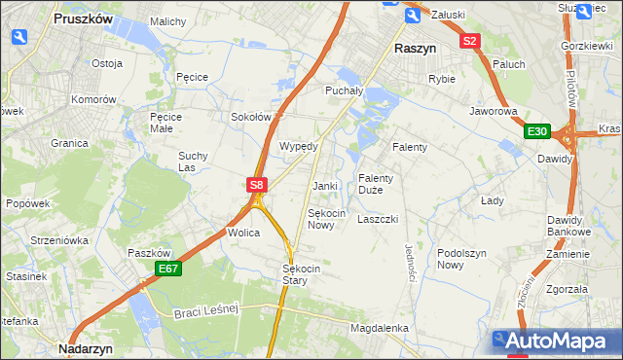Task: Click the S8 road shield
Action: coord(255,184)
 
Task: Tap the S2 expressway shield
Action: coord(470,41)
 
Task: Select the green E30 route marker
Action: coord(536,131)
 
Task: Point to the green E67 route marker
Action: coord(167,269)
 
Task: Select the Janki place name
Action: coord(324,186)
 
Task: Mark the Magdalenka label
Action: coord(379,329)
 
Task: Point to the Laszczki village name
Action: coord(378,219)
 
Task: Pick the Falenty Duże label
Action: coord(376,184)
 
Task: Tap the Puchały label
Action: coord(344,90)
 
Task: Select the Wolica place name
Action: coord(242,234)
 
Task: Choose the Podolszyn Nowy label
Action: coord(463,258)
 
